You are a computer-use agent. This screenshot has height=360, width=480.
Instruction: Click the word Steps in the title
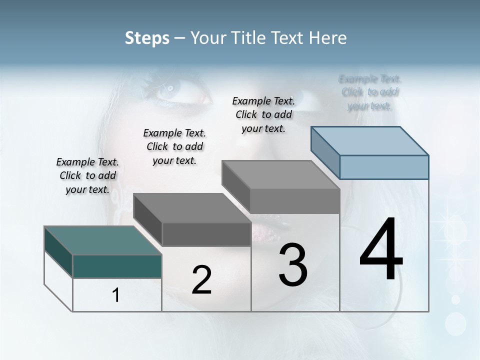coord(147,38)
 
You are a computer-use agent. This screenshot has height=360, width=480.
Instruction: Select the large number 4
coord(381,250)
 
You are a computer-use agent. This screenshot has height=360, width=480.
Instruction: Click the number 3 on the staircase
coord(293,265)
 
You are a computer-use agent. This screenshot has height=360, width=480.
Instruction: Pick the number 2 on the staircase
coord(201,280)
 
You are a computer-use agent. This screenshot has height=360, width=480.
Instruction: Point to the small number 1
coord(116,295)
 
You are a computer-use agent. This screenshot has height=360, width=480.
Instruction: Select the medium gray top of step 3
coord(280,175)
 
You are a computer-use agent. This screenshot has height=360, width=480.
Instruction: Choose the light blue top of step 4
coord(369,141)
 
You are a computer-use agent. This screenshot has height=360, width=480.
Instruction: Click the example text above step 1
coord(87,175)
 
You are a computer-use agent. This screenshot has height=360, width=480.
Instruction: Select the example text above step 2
coord(174,146)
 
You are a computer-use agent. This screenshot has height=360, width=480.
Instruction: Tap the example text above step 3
coord(263,114)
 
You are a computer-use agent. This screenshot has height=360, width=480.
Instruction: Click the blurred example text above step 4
coord(370,92)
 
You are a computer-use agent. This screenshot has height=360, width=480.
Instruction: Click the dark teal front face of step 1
coord(117,266)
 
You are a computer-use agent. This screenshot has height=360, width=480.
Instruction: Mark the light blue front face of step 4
coord(384,167)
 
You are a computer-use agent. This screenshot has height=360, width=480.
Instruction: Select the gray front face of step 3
coord(295,201)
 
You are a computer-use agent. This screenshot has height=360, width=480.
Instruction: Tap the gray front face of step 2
coord(206,234)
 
